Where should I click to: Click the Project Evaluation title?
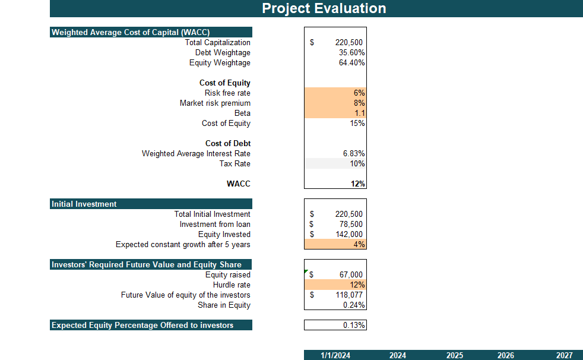324,8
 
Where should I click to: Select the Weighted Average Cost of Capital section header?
131,33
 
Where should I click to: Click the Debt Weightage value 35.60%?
351,53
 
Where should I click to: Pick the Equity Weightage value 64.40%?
351,63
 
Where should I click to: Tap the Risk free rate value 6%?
359,93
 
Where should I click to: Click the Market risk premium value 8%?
359,103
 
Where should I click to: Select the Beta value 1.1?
360,113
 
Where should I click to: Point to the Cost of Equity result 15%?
357,124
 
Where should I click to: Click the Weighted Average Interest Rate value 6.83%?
353,154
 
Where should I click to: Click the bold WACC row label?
238,184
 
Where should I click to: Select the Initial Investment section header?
84,204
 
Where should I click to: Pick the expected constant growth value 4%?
359,245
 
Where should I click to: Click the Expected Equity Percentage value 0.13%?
354,326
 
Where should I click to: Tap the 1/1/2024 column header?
335,355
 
